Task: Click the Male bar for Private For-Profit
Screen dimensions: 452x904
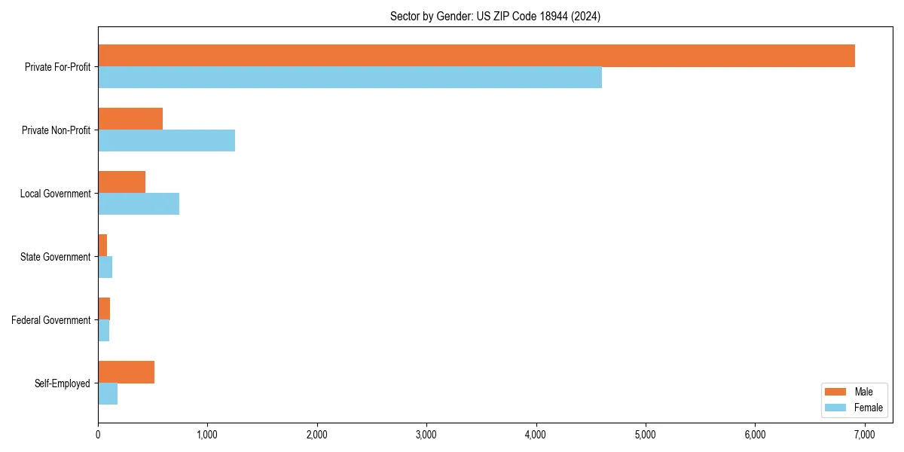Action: (x=476, y=56)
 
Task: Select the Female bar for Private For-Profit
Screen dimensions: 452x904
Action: (x=350, y=78)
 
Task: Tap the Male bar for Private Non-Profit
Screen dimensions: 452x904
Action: (x=130, y=119)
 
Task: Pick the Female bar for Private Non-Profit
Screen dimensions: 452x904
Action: (x=166, y=141)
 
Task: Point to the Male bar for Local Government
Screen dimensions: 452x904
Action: (x=121, y=182)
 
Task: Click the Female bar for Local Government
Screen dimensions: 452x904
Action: (x=139, y=204)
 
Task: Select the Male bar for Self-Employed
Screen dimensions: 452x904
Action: (x=126, y=372)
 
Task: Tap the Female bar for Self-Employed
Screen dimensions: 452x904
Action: (x=108, y=394)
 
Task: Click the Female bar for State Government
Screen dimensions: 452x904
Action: (x=105, y=267)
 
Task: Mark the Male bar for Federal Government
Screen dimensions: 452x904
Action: (x=104, y=309)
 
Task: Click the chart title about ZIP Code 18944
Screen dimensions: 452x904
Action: (x=495, y=16)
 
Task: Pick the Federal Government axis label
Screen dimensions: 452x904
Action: (x=51, y=320)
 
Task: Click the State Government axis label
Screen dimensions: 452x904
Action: (x=56, y=257)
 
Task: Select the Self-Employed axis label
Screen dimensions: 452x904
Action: (x=63, y=383)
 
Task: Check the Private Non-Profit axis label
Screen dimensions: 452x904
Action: (x=56, y=130)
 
